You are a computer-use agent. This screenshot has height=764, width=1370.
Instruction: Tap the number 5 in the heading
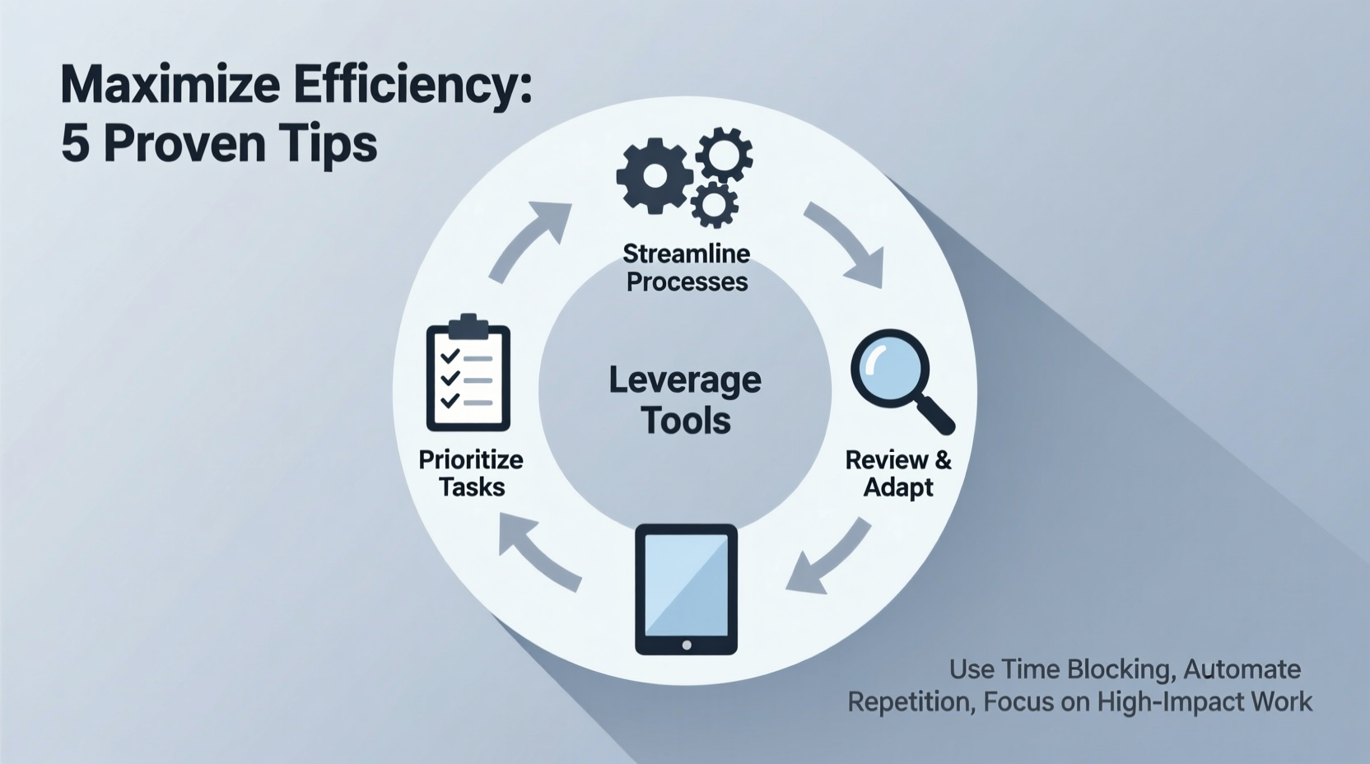[74, 143]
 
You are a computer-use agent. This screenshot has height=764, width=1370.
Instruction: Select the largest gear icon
[654, 176]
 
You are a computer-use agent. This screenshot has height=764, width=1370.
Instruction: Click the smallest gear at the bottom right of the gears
[713, 204]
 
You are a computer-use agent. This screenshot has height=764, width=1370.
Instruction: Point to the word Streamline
[686, 253]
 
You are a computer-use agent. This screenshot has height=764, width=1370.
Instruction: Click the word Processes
[687, 282]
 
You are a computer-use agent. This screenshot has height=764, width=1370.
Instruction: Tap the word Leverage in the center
[685, 380]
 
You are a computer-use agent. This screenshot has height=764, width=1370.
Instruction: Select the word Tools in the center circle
[686, 421]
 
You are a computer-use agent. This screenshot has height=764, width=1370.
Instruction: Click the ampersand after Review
[943, 459]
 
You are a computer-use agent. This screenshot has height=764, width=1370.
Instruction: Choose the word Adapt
[897, 487]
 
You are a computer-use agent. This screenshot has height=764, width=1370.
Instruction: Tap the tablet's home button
[687, 645]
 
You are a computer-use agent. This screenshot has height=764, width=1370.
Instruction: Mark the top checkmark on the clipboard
[450, 356]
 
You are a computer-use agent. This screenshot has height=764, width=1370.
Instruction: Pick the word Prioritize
[471, 459]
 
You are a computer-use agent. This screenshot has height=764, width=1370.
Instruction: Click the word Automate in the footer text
[1242, 669]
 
